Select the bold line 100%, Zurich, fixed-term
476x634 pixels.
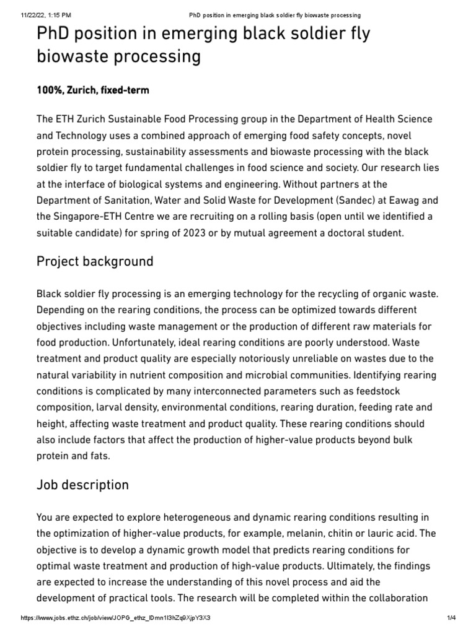(93, 90)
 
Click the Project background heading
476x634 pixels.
(95, 261)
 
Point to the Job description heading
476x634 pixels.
(83, 485)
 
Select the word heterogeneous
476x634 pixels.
(176, 517)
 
